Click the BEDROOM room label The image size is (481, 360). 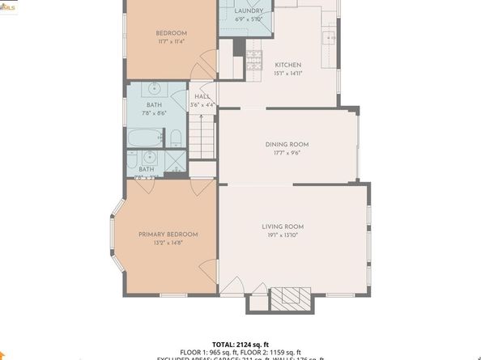(x=171, y=33)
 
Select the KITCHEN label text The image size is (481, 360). (x=287, y=65)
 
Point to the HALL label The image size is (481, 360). (x=202, y=96)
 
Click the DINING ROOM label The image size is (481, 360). (x=287, y=144)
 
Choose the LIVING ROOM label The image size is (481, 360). (x=282, y=227)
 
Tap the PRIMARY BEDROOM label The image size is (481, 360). (x=168, y=234)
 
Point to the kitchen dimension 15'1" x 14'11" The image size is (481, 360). (x=287, y=73)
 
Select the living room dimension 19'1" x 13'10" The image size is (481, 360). (x=282, y=235)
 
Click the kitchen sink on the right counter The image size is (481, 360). (x=329, y=36)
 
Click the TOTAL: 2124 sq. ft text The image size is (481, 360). (x=240, y=344)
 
